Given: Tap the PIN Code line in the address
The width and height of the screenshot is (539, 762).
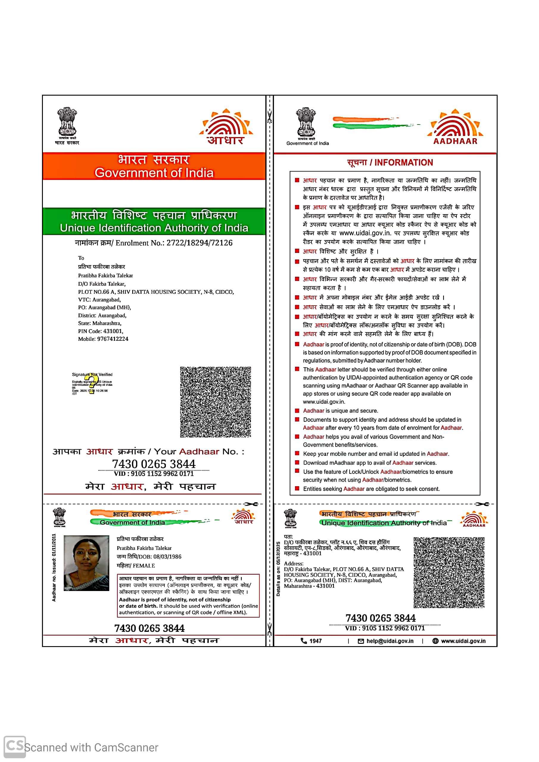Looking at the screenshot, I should coord(101,331).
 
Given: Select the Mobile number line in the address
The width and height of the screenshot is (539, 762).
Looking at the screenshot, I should coord(103,339).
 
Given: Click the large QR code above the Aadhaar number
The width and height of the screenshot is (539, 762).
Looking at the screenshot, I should coord(215,402).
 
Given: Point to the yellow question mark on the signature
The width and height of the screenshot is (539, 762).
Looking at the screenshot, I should coord(91,385).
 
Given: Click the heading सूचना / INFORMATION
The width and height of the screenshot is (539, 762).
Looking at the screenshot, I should coord(390,162).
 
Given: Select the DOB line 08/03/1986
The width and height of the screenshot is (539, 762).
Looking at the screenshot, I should coord(149,557).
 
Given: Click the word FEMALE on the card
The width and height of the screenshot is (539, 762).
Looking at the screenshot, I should coord(144,565).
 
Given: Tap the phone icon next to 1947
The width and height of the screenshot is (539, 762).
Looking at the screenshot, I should coord(303,641).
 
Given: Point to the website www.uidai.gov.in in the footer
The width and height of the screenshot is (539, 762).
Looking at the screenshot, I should coord(463,641).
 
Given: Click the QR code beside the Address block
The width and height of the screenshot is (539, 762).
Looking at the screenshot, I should coord(449,573).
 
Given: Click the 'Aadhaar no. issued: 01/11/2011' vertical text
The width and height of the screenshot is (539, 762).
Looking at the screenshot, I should coord(54,568).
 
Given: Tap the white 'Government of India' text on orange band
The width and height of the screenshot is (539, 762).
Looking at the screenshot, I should coord(154,173).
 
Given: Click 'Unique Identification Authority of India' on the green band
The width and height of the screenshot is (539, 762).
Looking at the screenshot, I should coord(154,228).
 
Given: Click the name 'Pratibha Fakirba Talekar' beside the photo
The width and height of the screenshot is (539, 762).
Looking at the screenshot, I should coord(144,548).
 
